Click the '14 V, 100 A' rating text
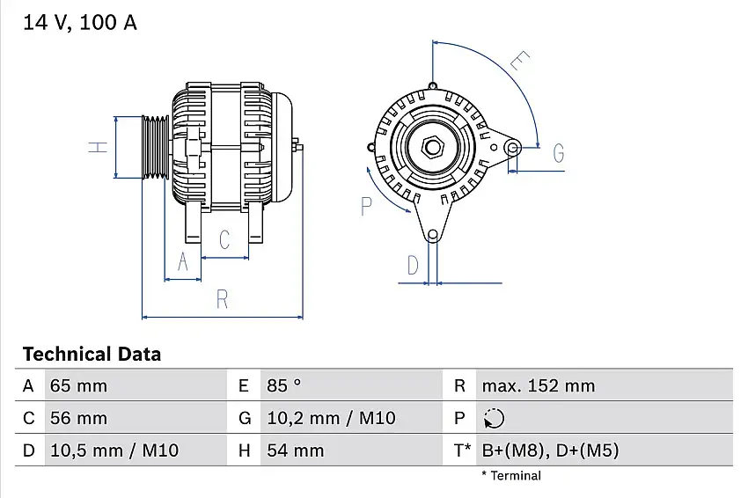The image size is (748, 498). [x=80, y=24]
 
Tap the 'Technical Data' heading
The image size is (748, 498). [x=92, y=355]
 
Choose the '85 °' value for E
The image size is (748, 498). [x=284, y=385]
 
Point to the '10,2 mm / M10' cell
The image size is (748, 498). [x=331, y=418]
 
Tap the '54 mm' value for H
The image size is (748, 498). [x=296, y=450]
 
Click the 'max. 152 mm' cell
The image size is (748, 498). [x=538, y=385]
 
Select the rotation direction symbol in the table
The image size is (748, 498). [x=495, y=418]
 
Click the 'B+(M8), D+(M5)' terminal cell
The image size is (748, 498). [x=550, y=450]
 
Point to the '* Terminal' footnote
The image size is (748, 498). [x=511, y=476]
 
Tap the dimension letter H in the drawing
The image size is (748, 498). [x=97, y=147]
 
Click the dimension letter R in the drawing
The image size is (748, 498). [x=222, y=299]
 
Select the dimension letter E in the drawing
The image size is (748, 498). [x=520, y=62]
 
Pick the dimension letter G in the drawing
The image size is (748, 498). [x=558, y=153]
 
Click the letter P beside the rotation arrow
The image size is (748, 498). [x=367, y=206]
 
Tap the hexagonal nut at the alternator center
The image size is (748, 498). [x=432, y=147]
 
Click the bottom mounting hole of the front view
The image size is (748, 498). [x=432, y=235]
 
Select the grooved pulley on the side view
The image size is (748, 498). [x=156, y=147]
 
